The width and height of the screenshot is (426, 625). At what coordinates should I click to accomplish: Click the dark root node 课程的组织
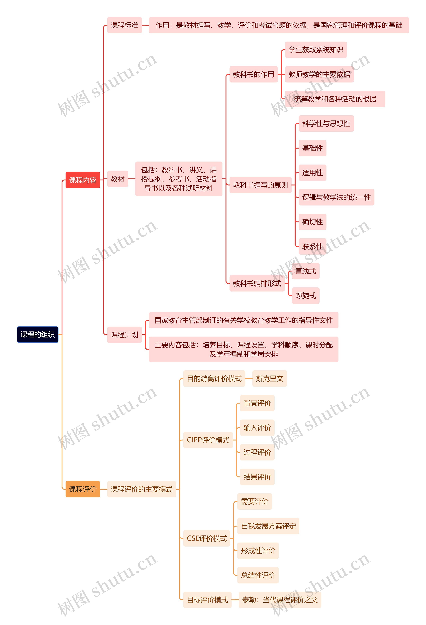click(x=38, y=335)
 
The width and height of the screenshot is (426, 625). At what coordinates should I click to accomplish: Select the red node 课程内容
click(x=83, y=180)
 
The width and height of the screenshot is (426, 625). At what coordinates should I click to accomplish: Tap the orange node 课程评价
click(x=83, y=489)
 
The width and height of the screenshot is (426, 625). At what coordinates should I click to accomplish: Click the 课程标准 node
click(x=124, y=25)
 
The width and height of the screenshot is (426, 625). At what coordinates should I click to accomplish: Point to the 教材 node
click(x=118, y=179)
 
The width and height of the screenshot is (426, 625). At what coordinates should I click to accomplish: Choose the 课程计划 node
click(x=124, y=335)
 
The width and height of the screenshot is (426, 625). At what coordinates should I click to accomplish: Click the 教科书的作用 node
click(x=253, y=74)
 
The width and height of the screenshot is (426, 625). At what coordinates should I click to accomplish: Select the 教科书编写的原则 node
click(x=260, y=185)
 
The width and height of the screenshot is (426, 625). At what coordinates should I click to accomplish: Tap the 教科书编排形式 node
click(x=257, y=283)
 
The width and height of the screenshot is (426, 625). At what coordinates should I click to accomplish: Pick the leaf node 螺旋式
click(x=306, y=296)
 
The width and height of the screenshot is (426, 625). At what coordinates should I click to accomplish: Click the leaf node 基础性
click(x=312, y=148)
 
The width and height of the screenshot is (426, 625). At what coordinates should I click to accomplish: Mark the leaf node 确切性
click(x=312, y=222)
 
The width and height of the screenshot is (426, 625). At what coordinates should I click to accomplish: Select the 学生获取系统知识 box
click(x=316, y=50)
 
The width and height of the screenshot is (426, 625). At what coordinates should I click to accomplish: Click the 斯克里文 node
click(x=270, y=379)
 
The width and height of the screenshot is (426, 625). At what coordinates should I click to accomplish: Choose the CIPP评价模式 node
click(x=208, y=440)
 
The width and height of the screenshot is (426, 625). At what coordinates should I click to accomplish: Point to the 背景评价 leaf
click(x=257, y=403)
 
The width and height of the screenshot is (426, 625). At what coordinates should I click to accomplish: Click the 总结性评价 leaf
click(x=258, y=575)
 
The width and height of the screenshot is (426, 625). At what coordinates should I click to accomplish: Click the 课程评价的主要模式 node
click(x=142, y=489)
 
